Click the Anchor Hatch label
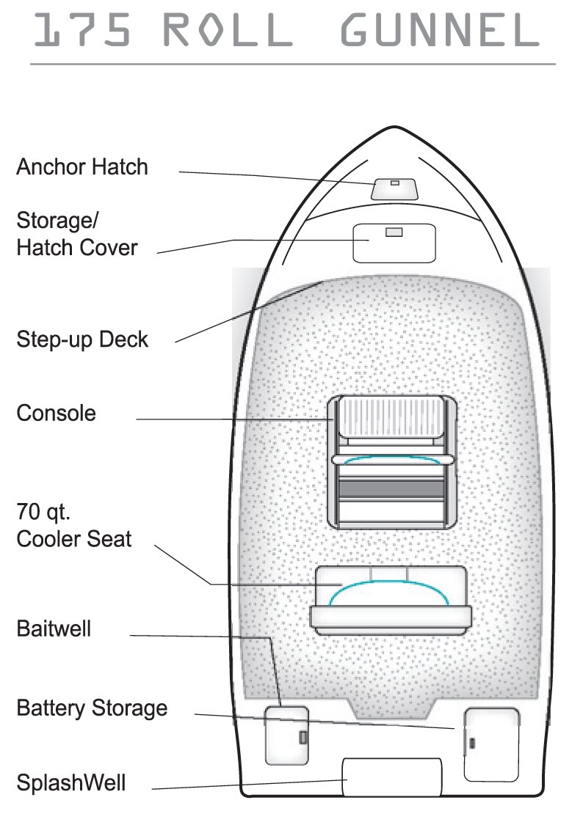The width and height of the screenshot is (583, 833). click(x=82, y=167)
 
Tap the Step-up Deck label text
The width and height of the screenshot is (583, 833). click(x=82, y=340)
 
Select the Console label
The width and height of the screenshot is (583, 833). click(x=57, y=413)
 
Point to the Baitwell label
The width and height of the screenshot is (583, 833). click(x=54, y=629)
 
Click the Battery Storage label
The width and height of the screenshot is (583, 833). click(x=92, y=708)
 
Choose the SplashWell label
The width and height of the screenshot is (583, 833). click(x=71, y=782)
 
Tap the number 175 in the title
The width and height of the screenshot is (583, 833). click(x=83, y=32)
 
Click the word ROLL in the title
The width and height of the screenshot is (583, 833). click(x=227, y=32)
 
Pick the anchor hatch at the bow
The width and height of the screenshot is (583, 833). click(x=394, y=189)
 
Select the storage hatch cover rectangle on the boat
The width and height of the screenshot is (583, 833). click(x=394, y=243)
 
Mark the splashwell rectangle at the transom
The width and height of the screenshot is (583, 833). click(x=392, y=777)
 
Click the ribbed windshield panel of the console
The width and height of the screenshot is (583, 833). click(x=391, y=417)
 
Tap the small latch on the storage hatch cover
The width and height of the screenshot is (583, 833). click(x=394, y=232)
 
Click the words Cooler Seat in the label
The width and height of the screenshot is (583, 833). click(x=74, y=539)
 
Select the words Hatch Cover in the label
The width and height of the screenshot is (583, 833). click(x=77, y=247)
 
